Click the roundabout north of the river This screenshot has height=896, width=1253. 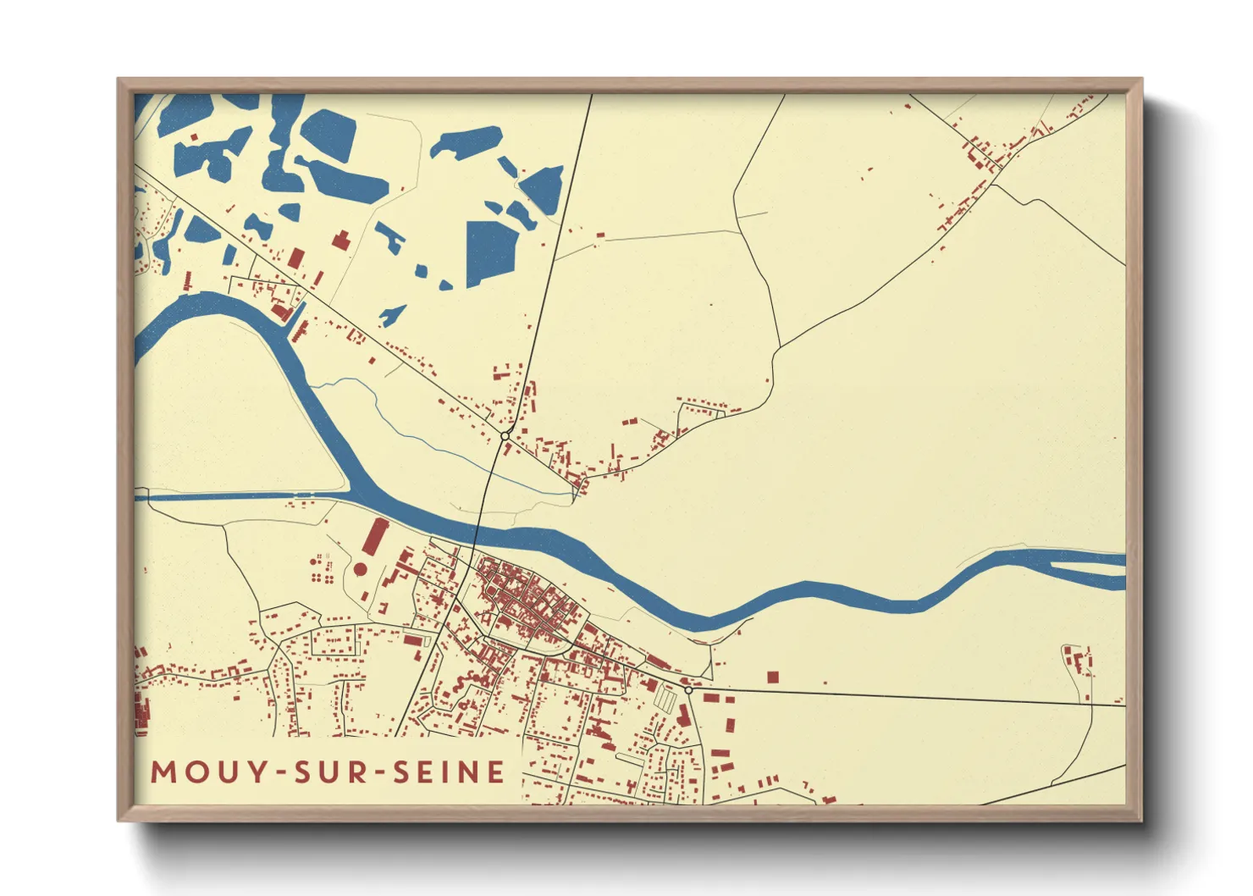[x=505, y=435]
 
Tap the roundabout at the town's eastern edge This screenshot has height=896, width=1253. [x=689, y=690]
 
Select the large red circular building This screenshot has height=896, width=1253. [x=360, y=569]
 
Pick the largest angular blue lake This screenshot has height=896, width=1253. [x=490, y=252]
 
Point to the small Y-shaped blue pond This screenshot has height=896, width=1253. [x=391, y=315]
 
